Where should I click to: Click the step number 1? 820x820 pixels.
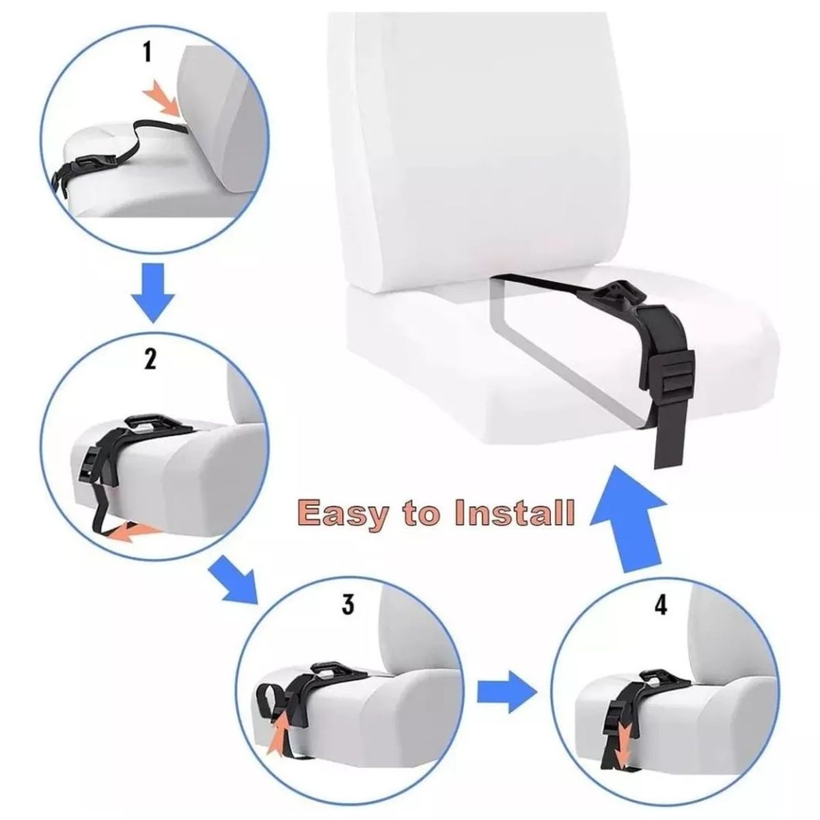click(x=147, y=53)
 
